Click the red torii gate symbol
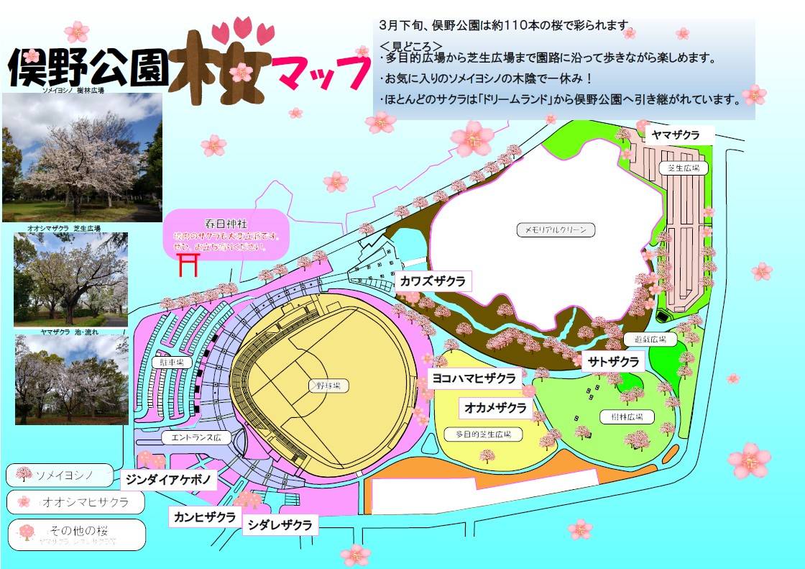188,264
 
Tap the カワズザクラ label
433,281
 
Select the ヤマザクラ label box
675,135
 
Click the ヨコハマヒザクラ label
473,378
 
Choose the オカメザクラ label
495,408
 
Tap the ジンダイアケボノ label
167,478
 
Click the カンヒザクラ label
205,516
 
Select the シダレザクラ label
281,525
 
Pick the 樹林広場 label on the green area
617,416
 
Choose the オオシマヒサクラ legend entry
75,501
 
